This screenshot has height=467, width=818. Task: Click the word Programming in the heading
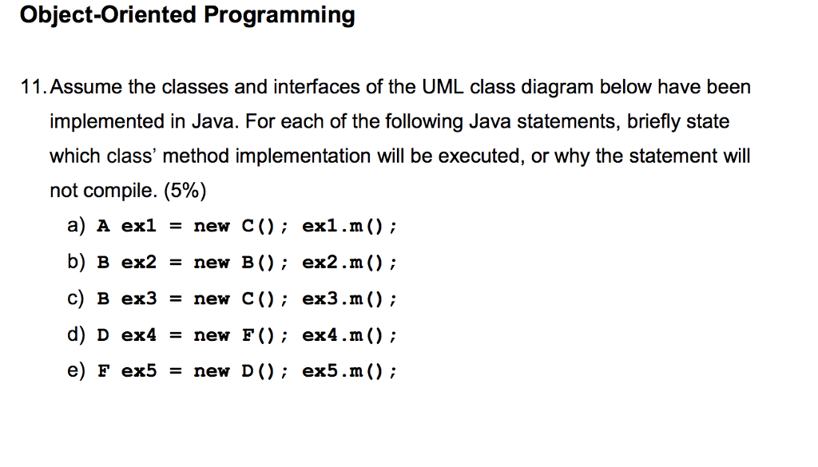tap(279, 16)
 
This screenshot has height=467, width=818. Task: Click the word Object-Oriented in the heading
tap(108, 14)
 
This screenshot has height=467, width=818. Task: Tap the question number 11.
tap(34, 87)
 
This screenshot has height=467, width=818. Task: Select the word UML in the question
tap(443, 87)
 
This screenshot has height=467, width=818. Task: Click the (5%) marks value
tap(185, 191)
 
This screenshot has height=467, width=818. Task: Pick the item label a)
tap(76, 226)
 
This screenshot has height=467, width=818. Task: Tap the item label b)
tap(76, 262)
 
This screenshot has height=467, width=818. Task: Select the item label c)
tap(76, 298)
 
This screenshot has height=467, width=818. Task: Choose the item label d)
tap(76, 334)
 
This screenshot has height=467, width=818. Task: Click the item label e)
tap(76, 370)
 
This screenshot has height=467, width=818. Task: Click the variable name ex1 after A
tap(139, 226)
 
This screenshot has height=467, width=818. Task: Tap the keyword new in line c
tap(211, 299)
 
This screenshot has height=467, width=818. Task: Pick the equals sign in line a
tap(176, 227)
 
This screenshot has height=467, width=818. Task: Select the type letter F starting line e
tap(103, 370)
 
